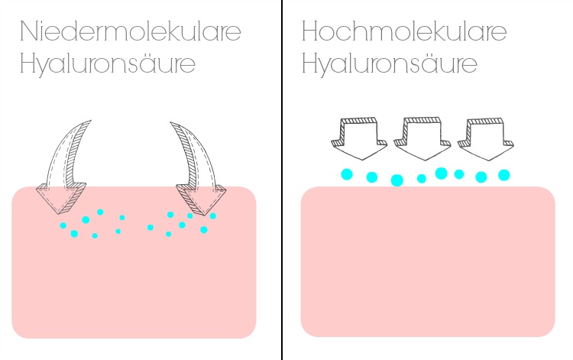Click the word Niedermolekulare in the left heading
[130, 32]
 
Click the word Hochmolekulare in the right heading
[403, 32]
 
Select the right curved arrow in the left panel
[196, 161]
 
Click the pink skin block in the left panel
[134, 283]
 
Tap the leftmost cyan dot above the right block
[346, 174]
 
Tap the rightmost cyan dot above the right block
[504, 175]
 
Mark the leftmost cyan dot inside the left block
[63, 225]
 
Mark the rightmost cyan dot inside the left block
[213, 216]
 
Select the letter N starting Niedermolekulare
[28, 32]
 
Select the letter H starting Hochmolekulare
[311, 32]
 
